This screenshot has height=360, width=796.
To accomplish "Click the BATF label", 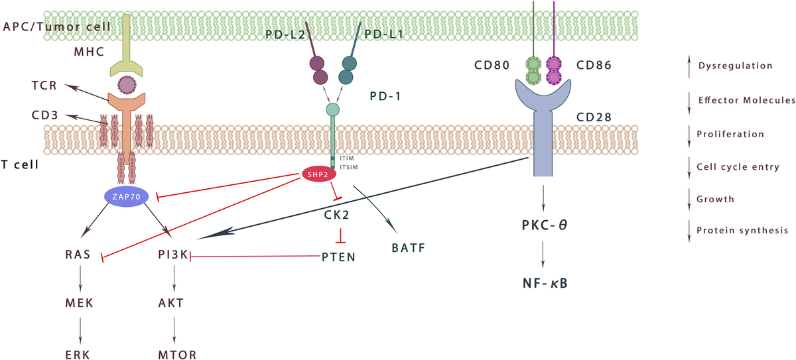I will [x=407, y=249].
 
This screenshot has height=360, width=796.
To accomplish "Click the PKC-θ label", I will [x=543, y=224].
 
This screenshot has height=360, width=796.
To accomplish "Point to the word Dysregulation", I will [x=734, y=66].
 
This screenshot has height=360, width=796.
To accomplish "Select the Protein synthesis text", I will [x=742, y=231].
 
